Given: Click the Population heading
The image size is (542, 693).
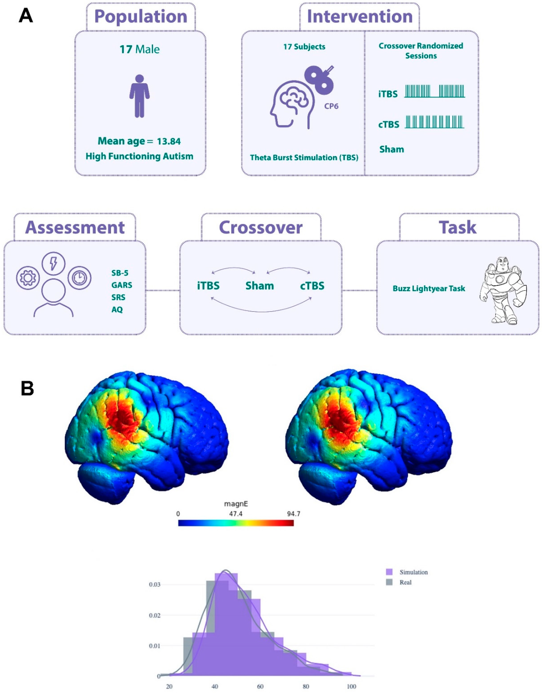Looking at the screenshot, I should coord(141,17).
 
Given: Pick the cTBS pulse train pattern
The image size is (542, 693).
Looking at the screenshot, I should coord(434,122).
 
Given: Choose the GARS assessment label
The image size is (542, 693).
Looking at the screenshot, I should coord(121,285).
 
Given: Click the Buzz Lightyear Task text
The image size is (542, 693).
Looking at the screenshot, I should coord(429,289).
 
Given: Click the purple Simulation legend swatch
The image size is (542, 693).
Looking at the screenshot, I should coord(389,572).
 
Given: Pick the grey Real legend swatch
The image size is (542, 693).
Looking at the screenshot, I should coord(389,582).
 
